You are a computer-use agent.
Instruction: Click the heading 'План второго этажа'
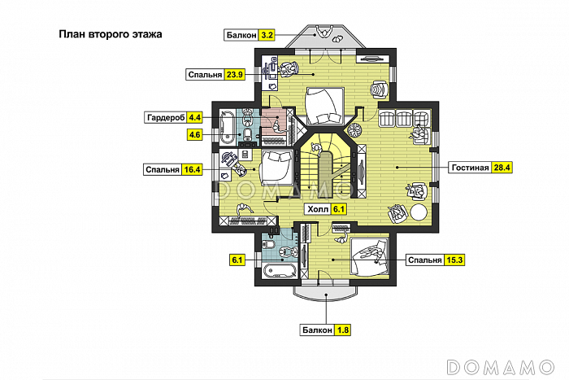pos(111,34)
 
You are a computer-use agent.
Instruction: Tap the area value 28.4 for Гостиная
pos(502,168)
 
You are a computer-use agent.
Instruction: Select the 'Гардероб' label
pos(166,118)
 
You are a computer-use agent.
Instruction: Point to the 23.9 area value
pos(234,75)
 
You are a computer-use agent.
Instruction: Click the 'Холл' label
pos(318,209)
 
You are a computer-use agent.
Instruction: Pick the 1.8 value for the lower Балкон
pos(342,330)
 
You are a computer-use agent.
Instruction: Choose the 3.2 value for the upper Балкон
pos(267,35)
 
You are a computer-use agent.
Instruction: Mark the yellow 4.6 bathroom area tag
pos(195,135)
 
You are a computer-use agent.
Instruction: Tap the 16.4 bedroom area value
pos(192,169)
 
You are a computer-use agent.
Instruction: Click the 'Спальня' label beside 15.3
pos(425,260)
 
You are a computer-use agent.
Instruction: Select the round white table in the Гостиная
pos(419,212)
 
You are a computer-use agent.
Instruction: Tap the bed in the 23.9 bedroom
pos(325,106)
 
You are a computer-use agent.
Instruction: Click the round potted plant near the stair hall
pos(354,129)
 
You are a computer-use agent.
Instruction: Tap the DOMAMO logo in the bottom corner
pos(501,367)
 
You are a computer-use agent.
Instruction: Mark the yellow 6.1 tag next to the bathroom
pos(237,260)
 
